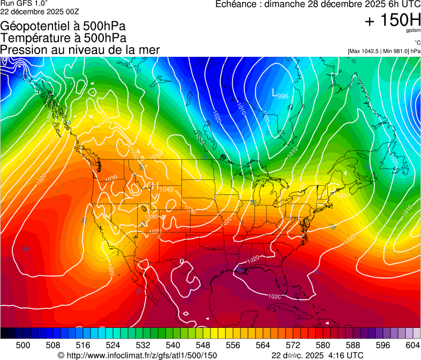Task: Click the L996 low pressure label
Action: [280, 94]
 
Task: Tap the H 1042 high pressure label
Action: [163, 188]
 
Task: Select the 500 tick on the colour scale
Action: [23, 344]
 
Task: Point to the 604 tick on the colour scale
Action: [412, 344]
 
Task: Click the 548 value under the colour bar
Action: [203, 344]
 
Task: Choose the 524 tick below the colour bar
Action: [113, 344]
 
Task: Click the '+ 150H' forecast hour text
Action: [392, 20]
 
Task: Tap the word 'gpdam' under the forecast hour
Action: [414, 32]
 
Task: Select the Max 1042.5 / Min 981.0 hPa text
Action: [384, 51]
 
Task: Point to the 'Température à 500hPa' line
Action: [63, 38]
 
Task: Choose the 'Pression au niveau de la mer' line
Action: [80, 50]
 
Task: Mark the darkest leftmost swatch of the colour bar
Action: [4, 333]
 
